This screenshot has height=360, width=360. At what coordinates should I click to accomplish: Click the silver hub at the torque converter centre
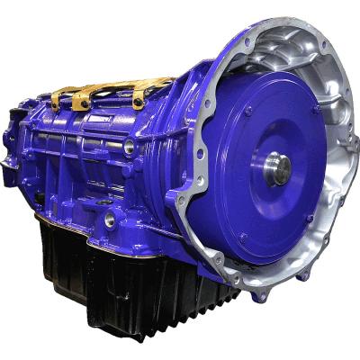(277, 168)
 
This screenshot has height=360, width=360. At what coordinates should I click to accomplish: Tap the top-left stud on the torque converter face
(247, 111)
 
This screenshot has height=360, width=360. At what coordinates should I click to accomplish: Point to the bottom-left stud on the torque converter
(241, 236)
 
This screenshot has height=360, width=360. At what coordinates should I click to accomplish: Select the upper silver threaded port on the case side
(130, 145)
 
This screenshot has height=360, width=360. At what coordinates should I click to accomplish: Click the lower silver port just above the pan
(110, 219)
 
